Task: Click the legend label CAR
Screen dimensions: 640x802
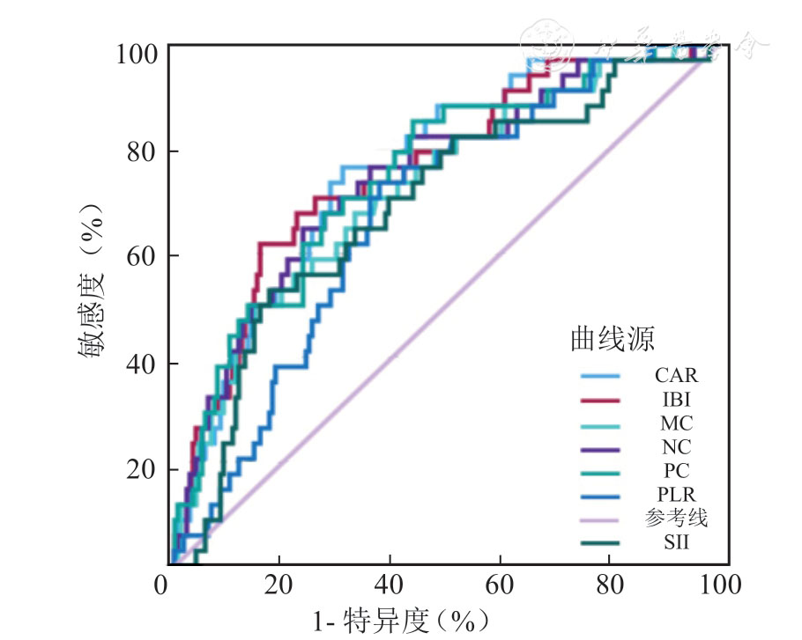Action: coord(676,376)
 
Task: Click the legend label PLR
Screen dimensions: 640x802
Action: coord(676,495)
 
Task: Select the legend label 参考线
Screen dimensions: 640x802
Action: coord(676,519)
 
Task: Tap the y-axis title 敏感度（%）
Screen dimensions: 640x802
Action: coord(91,281)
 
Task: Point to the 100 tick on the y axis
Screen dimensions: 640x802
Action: coord(137,54)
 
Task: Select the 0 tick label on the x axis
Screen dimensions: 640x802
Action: coord(162,584)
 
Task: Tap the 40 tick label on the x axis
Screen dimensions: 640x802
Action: coord(390,584)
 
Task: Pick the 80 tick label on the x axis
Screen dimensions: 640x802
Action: coord(612,584)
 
